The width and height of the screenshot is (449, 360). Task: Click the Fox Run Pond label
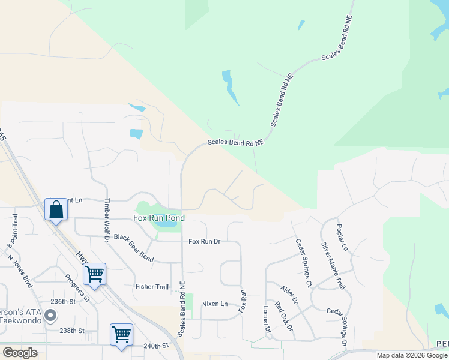(158, 218)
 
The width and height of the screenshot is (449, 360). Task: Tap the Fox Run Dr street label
(205, 242)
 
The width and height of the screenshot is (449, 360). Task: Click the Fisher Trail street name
(152, 287)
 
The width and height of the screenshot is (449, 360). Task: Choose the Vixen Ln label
(215, 304)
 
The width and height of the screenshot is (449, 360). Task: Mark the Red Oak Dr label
(283, 316)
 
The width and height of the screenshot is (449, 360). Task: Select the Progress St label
(77, 288)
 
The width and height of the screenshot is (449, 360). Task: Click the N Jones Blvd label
(19, 272)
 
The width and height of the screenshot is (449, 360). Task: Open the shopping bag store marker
(56, 210)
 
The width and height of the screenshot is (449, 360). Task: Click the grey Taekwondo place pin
(51, 315)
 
